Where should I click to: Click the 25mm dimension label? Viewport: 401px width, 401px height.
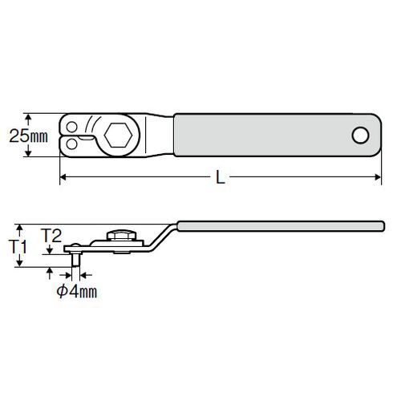coord(29,136)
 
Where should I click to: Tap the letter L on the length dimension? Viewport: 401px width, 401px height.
coord(220,177)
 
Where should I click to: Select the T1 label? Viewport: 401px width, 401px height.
coord(18,246)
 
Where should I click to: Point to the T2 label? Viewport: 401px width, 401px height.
coord(52,236)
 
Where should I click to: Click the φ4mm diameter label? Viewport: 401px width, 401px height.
coord(77,291)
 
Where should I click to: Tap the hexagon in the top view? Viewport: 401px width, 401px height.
coord(119,136)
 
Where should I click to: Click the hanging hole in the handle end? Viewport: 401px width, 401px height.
coord(361,136)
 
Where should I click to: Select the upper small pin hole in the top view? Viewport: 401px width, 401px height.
coord(71,127)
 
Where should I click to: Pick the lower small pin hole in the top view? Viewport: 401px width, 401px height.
coord(71,144)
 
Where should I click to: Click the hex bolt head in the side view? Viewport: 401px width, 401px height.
coord(122,235)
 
